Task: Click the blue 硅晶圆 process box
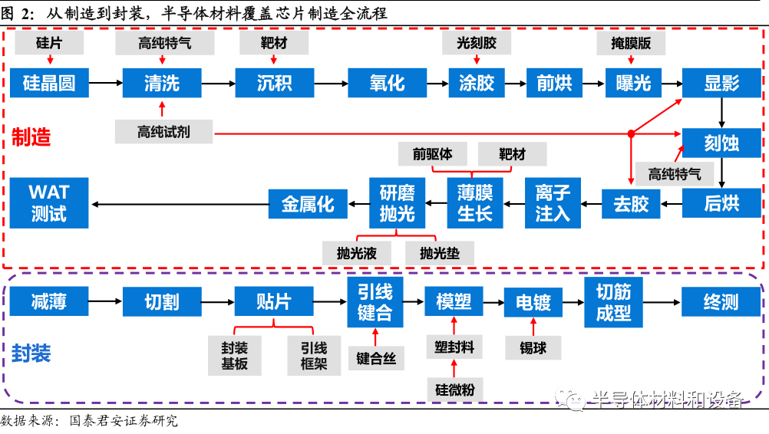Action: (x=49, y=82)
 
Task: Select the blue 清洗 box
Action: (x=161, y=82)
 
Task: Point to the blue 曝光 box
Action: (x=633, y=82)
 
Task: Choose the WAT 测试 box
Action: (x=49, y=203)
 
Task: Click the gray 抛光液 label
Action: (x=358, y=252)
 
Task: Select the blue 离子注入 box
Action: (x=553, y=203)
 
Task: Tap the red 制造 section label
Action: (x=31, y=136)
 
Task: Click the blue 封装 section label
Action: (x=31, y=353)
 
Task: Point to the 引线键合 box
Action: (x=375, y=302)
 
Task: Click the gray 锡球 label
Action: (x=533, y=347)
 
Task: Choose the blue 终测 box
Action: (x=721, y=301)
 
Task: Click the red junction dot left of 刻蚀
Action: (x=631, y=133)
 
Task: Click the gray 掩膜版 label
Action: (x=631, y=44)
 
